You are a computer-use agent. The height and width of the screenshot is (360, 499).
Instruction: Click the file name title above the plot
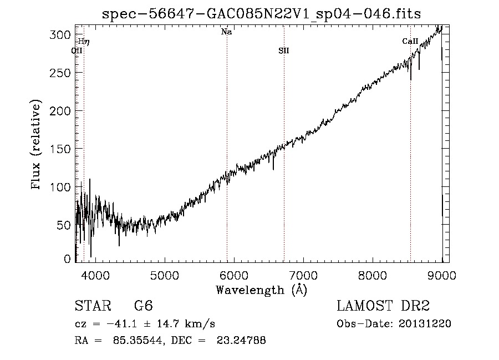261,14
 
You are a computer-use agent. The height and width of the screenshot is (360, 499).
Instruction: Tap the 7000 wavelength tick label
303,274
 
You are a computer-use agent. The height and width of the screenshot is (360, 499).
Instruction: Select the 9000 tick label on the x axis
441,274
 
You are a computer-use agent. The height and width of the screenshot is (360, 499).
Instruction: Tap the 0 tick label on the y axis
68,259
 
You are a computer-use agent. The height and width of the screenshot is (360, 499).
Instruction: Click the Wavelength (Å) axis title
261,290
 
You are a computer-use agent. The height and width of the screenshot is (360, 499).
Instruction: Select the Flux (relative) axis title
37,145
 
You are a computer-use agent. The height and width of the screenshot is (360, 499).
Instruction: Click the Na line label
226,32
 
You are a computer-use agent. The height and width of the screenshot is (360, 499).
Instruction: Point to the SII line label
284,51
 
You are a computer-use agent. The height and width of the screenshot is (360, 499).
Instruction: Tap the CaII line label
410,42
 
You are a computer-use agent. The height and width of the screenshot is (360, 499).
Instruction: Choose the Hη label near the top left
84,42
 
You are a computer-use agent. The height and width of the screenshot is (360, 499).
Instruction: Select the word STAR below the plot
93,306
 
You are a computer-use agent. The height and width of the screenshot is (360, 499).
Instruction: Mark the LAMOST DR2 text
383,306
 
